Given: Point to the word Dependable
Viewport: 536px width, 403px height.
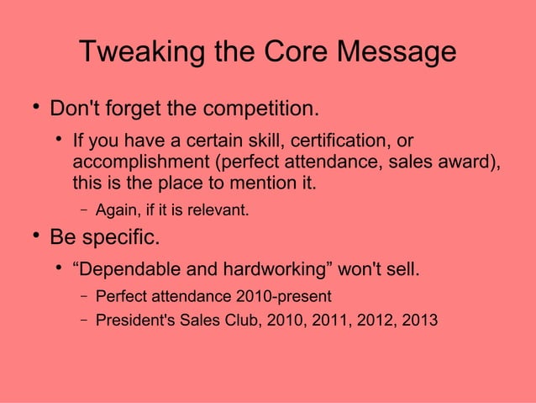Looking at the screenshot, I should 119,270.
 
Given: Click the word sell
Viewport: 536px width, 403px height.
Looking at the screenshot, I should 401,270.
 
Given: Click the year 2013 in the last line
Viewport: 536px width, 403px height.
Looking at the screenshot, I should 420,320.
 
